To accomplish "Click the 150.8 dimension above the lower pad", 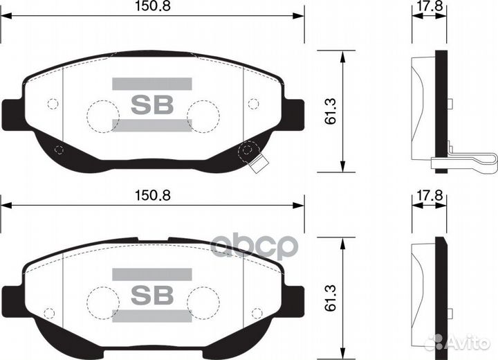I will point(152,195).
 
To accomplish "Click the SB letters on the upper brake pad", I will point(151,105).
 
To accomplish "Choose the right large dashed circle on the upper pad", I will point(202,114).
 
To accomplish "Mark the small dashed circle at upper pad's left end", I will point(52,104).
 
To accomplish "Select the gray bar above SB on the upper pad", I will point(151,84).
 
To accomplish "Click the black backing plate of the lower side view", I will point(439,298).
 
